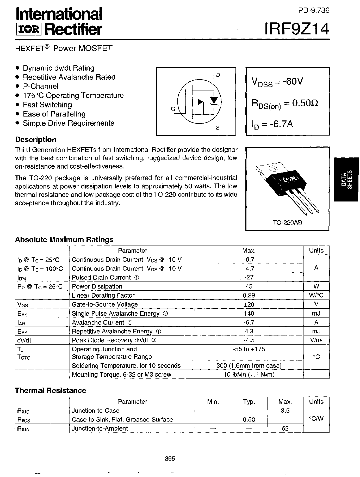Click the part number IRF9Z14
(x=297, y=29)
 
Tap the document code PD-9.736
(x=314, y=10)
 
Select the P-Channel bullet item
(x=40, y=86)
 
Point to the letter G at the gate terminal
(x=173, y=109)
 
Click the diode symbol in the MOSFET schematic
(x=214, y=100)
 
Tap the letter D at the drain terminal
(x=218, y=75)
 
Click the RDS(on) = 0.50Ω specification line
(x=284, y=103)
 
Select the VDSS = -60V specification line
(x=277, y=82)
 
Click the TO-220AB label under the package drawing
(x=287, y=223)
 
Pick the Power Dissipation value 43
(x=249, y=286)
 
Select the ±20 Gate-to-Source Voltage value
(x=249, y=304)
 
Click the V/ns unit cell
(x=316, y=340)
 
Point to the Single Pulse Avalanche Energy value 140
(x=249, y=313)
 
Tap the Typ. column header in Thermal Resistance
(x=249, y=402)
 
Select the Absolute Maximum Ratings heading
(x=64, y=240)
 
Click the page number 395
(x=170, y=458)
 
